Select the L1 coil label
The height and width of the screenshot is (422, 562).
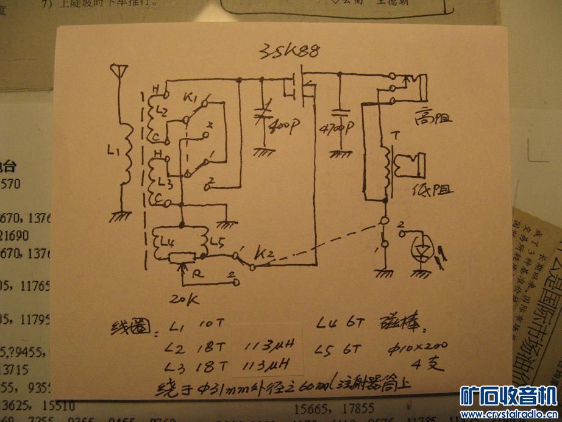[109, 149]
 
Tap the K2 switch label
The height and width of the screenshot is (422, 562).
[264, 252]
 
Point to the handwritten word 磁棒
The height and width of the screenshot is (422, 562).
[400, 325]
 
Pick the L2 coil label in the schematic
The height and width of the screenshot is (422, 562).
[161, 111]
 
